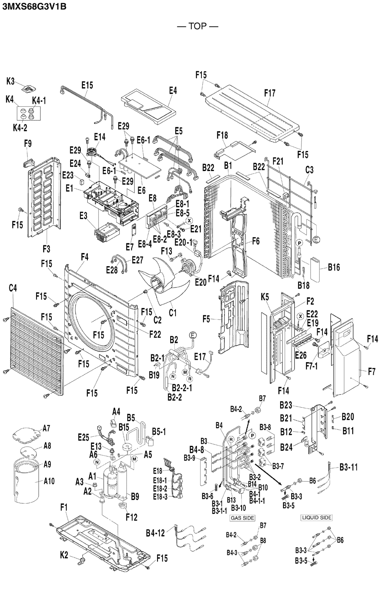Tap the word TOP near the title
click(197, 27)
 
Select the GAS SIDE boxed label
click(242, 518)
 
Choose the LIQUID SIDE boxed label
click(317, 518)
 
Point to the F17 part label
click(269, 93)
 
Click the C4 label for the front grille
click(13, 288)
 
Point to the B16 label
click(334, 267)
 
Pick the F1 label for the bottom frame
click(64, 508)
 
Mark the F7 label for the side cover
click(372, 372)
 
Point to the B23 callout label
click(286, 405)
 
